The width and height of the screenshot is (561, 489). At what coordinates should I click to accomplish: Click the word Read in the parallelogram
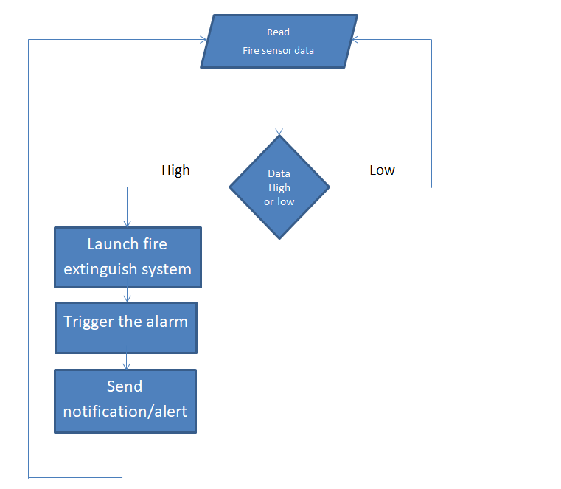pyautogui.click(x=278, y=32)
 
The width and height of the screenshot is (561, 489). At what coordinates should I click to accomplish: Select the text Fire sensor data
pyautogui.click(x=278, y=50)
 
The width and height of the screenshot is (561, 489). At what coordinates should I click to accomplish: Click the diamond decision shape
pyautogui.click(x=279, y=187)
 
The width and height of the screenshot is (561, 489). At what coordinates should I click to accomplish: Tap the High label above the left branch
pyautogui.click(x=175, y=170)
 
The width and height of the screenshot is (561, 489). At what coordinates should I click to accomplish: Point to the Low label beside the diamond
pyautogui.click(x=382, y=170)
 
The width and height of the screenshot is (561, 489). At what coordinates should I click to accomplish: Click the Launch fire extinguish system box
pyautogui.click(x=128, y=257)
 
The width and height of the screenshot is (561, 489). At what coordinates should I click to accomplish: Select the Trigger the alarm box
pyautogui.click(x=126, y=328)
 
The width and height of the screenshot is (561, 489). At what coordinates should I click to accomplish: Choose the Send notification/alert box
pyautogui.click(x=125, y=401)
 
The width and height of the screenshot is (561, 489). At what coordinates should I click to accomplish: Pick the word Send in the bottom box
pyautogui.click(x=125, y=386)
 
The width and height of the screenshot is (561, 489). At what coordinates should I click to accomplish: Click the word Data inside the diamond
pyautogui.click(x=279, y=173)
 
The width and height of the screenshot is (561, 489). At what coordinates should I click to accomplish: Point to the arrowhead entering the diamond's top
pyautogui.click(x=279, y=132)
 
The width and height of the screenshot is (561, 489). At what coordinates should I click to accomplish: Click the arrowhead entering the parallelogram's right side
pyautogui.click(x=355, y=39)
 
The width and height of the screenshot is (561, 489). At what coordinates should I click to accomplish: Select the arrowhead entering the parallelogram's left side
pyautogui.click(x=203, y=39)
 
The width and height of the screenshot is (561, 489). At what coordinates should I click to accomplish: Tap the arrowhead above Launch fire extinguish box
pyautogui.click(x=127, y=223)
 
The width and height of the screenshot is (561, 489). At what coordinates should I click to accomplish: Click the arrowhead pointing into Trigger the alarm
pyautogui.click(x=127, y=299)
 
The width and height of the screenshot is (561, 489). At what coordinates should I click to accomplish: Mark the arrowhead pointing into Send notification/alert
pyautogui.click(x=126, y=366)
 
